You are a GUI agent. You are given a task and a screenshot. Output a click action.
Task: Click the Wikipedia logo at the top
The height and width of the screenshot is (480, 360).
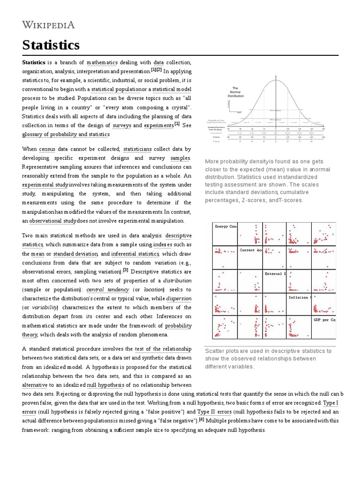[48, 25]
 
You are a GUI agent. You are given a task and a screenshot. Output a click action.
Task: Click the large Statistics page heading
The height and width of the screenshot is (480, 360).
[51, 45]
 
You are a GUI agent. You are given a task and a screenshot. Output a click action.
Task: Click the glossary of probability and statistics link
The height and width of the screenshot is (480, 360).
[66, 135]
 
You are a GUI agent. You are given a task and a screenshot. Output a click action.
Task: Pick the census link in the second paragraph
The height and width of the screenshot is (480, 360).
[47, 149]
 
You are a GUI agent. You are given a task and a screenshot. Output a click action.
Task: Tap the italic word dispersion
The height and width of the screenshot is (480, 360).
[179, 299]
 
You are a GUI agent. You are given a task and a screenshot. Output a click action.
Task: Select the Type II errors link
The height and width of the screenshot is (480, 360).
[214, 412]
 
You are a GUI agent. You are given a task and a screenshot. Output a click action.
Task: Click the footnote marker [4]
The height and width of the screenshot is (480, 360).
[202, 420]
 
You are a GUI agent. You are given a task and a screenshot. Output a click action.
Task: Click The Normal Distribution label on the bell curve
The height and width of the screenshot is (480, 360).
[235, 91]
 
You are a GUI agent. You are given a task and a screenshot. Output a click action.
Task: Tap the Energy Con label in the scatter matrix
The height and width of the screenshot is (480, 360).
[226, 226]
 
